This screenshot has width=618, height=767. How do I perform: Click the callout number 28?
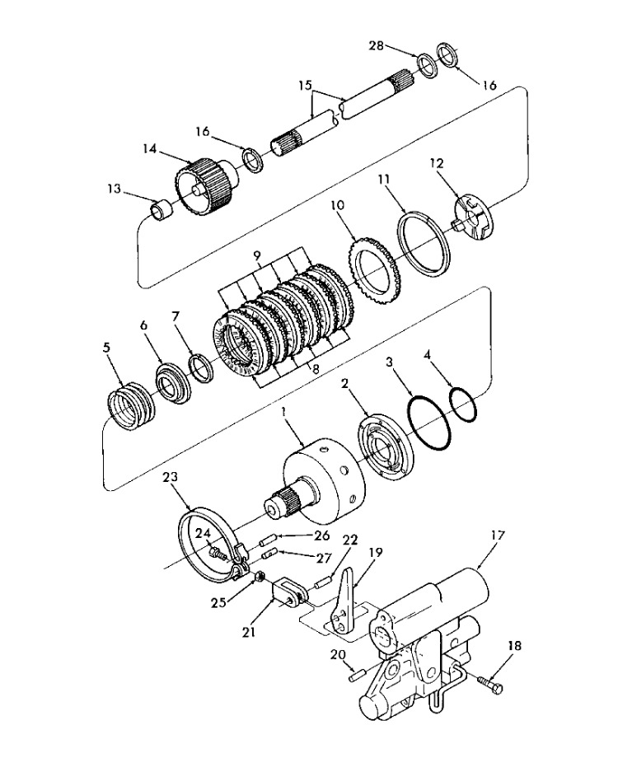377,46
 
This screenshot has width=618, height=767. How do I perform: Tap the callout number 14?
150,148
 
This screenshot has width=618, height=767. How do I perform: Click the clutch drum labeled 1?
323,482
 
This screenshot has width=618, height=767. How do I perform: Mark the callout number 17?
497,535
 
